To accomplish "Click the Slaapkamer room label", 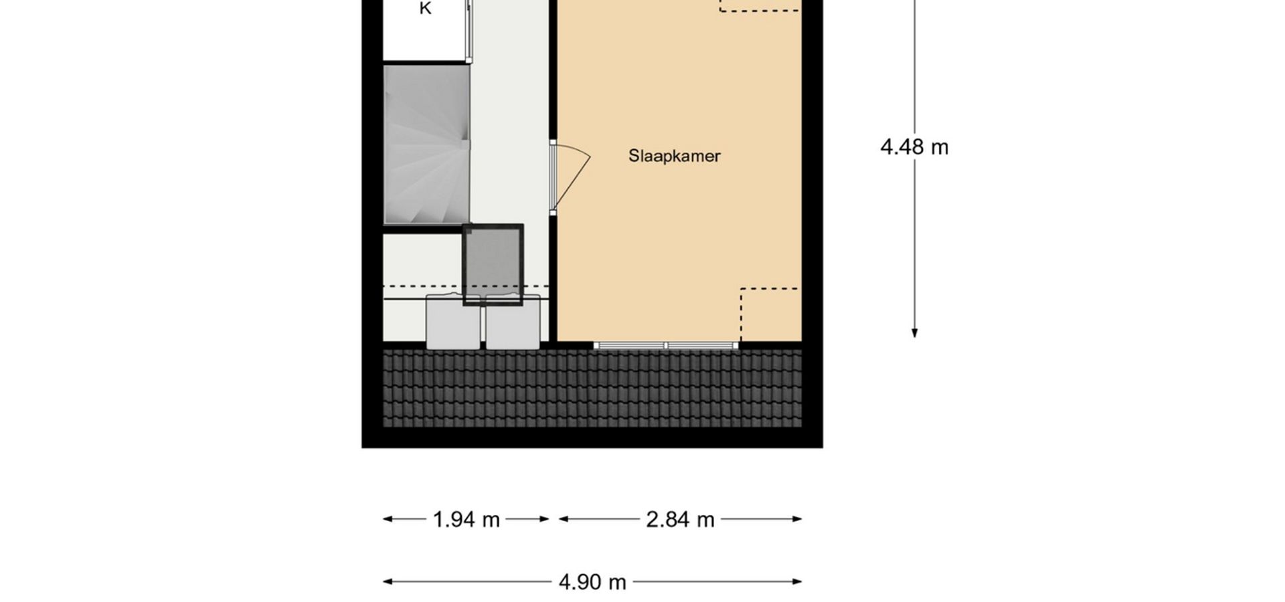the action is click(x=674, y=156).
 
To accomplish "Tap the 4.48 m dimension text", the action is click(x=914, y=147).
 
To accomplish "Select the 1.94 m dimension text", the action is click(x=466, y=520).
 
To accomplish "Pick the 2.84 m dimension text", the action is click(x=680, y=520).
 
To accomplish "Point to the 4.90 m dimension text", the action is click(x=592, y=583).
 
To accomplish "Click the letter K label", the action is click(x=425, y=9).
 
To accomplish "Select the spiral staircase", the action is click(x=426, y=144).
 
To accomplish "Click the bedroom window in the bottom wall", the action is click(x=666, y=346).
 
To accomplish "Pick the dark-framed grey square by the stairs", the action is click(x=493, y=264).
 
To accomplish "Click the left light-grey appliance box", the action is click(x=453, y=322).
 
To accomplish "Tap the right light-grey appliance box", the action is click(x=513, y=322).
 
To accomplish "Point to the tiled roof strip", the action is click(x=592, y=388).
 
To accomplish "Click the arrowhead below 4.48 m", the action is click(x=914, y=334).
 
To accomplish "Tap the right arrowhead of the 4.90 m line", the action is click(x=797, y=582).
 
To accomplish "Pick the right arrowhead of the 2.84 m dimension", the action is click(x=797, y=519).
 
